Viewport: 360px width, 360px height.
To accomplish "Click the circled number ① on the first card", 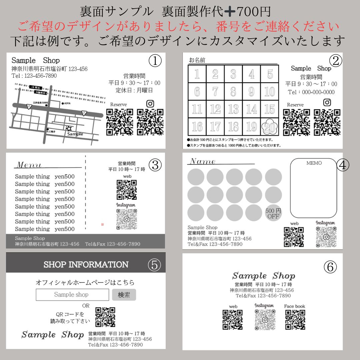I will coord(155,61).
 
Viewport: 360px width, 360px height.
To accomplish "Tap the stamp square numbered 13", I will coord(233,109).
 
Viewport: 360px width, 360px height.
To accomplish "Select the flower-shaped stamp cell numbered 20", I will coord(269,127).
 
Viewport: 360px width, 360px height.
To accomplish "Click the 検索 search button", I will coord(124,295).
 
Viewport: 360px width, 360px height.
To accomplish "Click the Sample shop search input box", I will coord(72,295).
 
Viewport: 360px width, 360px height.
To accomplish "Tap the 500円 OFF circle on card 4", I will coord(273,213).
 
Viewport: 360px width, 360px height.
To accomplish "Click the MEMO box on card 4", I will coord(314,188).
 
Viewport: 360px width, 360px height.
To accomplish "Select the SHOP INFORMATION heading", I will coord(86,265).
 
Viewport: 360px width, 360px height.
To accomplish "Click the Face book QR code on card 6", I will coord(295,320).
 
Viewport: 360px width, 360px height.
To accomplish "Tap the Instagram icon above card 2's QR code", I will coord(327,102).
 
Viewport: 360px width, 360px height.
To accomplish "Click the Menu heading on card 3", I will coord(29,165).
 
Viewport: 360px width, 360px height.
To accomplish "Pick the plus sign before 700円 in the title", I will coord(230,12).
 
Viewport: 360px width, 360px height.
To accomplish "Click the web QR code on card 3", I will coord(127,190).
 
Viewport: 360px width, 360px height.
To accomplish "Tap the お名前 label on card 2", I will coord(197,60).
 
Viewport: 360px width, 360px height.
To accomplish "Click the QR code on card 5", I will coord(105,317).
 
